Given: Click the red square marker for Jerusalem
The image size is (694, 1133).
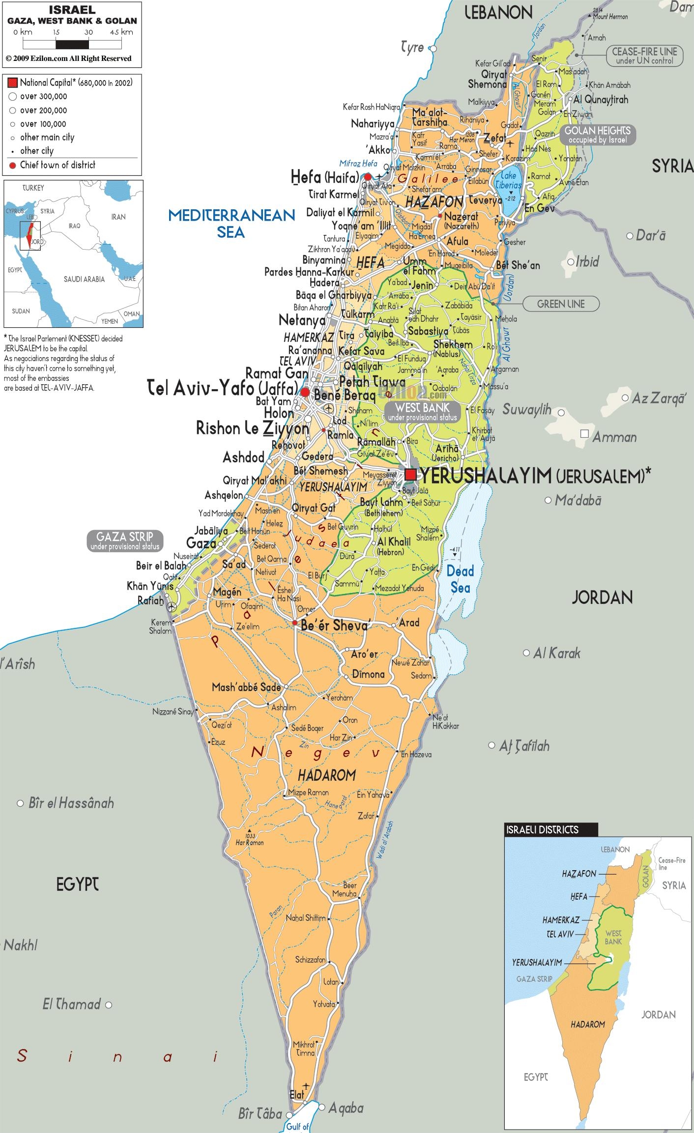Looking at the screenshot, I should [411, 474].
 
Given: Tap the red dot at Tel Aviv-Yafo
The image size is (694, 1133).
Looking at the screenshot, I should [305, 392].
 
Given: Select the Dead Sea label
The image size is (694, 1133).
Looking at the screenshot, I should [460, 579].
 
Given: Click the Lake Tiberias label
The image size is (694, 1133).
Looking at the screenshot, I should [508, 180].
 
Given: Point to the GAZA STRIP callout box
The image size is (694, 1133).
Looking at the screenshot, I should [124, 541].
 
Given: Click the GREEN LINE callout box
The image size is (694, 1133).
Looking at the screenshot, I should [560, 304].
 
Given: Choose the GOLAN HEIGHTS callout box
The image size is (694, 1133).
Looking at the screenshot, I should [597, 135].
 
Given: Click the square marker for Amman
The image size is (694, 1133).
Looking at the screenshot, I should [584, 434].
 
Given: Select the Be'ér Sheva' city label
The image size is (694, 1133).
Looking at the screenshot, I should [334, 625].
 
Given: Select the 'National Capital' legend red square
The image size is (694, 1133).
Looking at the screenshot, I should [13, 83].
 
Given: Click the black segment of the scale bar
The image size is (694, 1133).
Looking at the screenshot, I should [72, 44].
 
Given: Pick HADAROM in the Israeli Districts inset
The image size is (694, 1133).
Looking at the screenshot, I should [587, 1024].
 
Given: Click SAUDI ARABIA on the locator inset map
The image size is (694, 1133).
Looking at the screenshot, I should [84, 279].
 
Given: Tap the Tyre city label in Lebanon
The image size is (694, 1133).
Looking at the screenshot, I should [412, 48].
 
